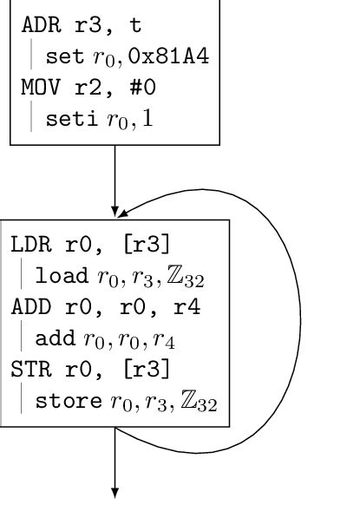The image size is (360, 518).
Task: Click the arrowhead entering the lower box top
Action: [115, 213]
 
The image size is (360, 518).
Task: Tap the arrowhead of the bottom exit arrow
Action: [115, 492]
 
